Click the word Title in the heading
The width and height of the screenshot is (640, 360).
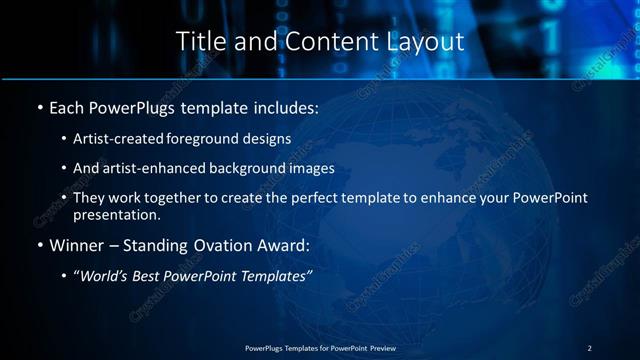click(198, 42)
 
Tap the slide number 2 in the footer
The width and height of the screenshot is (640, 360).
click(589, 347)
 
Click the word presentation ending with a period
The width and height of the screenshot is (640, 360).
click(117, 215)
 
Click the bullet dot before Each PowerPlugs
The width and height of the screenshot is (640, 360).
click(39, 107)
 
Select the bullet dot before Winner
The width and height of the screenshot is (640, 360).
click(39, 244)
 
